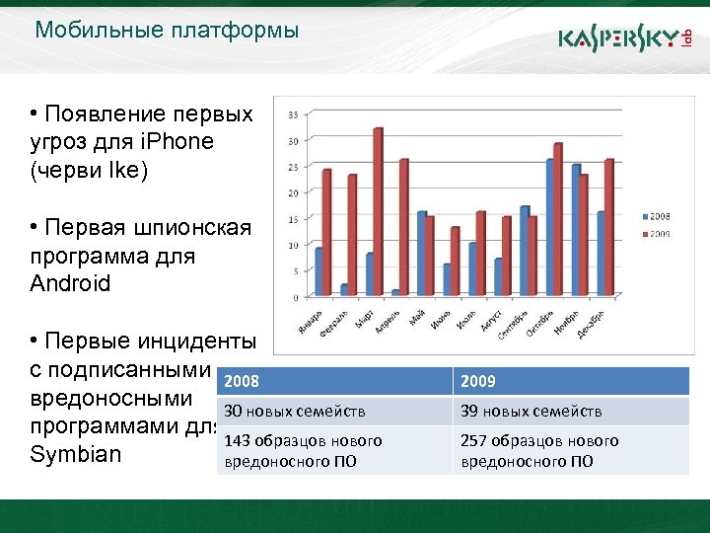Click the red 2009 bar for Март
pos(378,212)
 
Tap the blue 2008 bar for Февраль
pos(344,290)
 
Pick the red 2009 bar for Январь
pos(327,233)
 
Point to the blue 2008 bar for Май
pos(421,254)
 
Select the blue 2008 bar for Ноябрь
pos(576,230)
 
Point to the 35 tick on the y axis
pos(294,114)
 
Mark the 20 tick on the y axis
pos(294,192)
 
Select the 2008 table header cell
pos(334,381)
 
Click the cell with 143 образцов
pos(334,450)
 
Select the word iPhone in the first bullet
pos(177,141)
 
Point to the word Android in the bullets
pos(70,283)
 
